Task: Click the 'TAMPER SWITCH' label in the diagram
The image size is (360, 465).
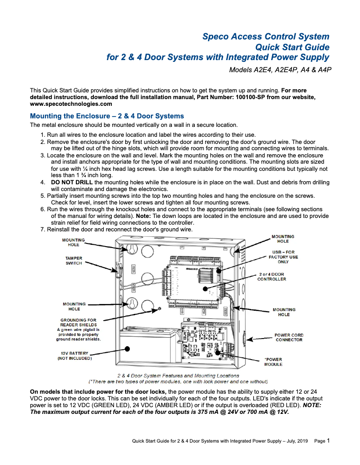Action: [74, 261]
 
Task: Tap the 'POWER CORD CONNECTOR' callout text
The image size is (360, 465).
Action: [289, 337]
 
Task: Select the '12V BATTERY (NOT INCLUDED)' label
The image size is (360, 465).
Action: [75, 356]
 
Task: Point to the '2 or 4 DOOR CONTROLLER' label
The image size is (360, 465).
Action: [271, 276]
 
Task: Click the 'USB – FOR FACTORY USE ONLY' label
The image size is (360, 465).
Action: [283, 256]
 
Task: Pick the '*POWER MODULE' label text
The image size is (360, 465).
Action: [273, 362]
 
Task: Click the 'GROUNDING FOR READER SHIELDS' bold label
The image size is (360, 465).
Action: [79, 322]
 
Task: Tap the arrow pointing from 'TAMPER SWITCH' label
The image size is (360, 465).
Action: [101, 266]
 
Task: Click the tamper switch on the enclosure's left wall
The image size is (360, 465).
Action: [119, 271]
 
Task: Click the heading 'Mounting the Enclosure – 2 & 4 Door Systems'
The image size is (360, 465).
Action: [107, 116]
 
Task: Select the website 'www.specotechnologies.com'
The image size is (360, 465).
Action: [71, 104]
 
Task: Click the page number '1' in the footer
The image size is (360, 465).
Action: [328, 441]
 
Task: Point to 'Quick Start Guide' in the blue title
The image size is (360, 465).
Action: [292, 47]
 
